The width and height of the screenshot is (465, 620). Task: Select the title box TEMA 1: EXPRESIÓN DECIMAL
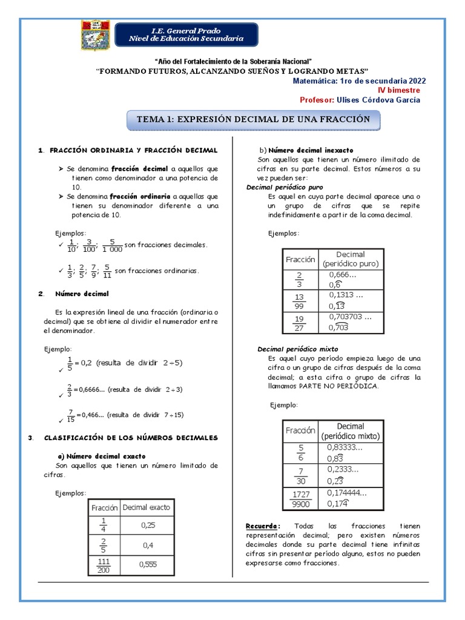253,119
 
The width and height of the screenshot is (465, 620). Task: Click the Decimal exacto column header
147,507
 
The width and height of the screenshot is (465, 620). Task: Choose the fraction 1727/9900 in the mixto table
301,499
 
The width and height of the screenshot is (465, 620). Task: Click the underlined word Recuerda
263,526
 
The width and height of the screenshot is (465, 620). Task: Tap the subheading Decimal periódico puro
284,188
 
